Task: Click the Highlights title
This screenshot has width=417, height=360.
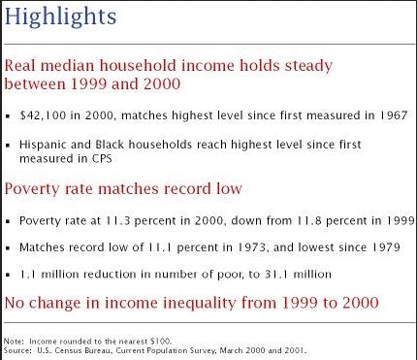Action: pyautogui.click(x=60, y=16)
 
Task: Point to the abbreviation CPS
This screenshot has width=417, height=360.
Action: pyautogui.click(x=101, y=158)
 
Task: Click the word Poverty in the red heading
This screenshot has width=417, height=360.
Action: pyautogui.click(x=32, y=189)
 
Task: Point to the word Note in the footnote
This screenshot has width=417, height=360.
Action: pyautogui.click(x=13, y=342)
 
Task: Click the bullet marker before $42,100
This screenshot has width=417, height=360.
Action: pyautogui.click(x=8, y=116)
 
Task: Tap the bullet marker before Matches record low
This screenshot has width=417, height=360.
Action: pyautogui.click(x=8, y=248)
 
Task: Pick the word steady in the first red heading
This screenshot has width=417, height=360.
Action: pyautogui.click(x=308, y=66)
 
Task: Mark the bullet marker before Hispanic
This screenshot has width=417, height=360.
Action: pyautogui.click(x=8, y=146)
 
